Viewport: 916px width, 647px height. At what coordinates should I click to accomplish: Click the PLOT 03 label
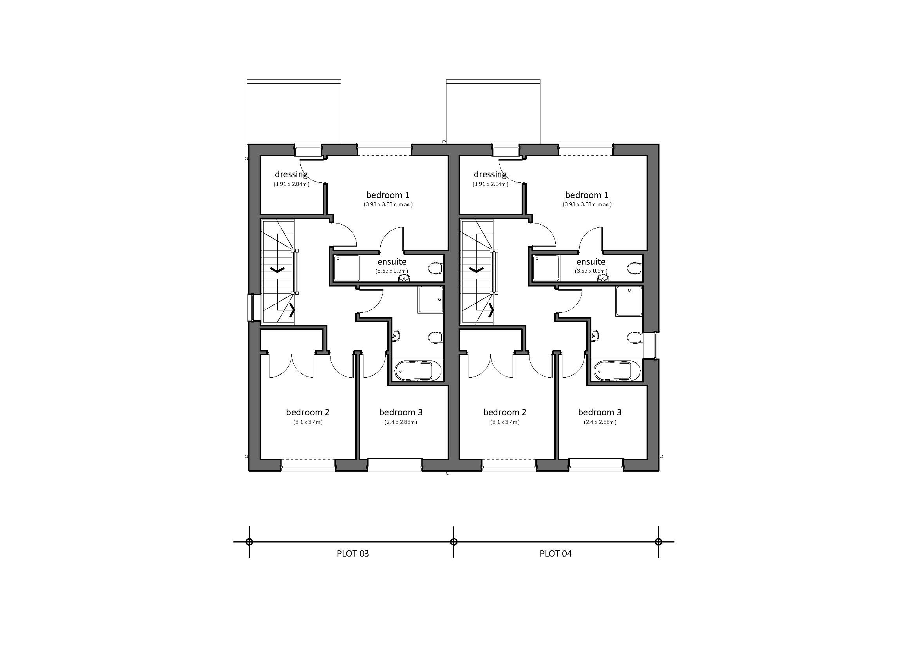tap(353, 553)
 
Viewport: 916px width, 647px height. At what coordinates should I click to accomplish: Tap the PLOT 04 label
tap(555, 553)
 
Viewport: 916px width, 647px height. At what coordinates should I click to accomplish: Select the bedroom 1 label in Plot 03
tap(388, 195)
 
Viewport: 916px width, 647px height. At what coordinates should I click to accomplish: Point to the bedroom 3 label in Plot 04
tap(600, 412)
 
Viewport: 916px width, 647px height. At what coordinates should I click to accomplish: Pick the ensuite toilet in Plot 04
tap(634, 268)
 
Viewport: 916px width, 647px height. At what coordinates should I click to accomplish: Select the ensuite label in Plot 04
tap(591, 262)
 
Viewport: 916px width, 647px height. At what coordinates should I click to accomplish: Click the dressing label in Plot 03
tap(291, 174)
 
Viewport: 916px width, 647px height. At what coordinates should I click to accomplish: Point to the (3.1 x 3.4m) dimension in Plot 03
tap(308, 422)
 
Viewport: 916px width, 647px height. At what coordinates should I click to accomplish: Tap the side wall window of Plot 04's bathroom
tap(652, 345)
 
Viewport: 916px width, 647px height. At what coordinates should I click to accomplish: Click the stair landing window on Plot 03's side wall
tap(251, 307)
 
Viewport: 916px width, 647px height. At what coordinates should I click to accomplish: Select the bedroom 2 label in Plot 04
tap(505, 412)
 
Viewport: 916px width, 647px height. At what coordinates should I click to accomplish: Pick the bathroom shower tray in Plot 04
tap(629, 301)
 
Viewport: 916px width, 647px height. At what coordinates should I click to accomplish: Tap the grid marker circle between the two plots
tap(453, 542)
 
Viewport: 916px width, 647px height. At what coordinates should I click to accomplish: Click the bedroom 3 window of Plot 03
tap(395, 465)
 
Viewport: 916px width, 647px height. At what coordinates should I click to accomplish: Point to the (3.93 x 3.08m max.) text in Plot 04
tap(587, 204)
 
